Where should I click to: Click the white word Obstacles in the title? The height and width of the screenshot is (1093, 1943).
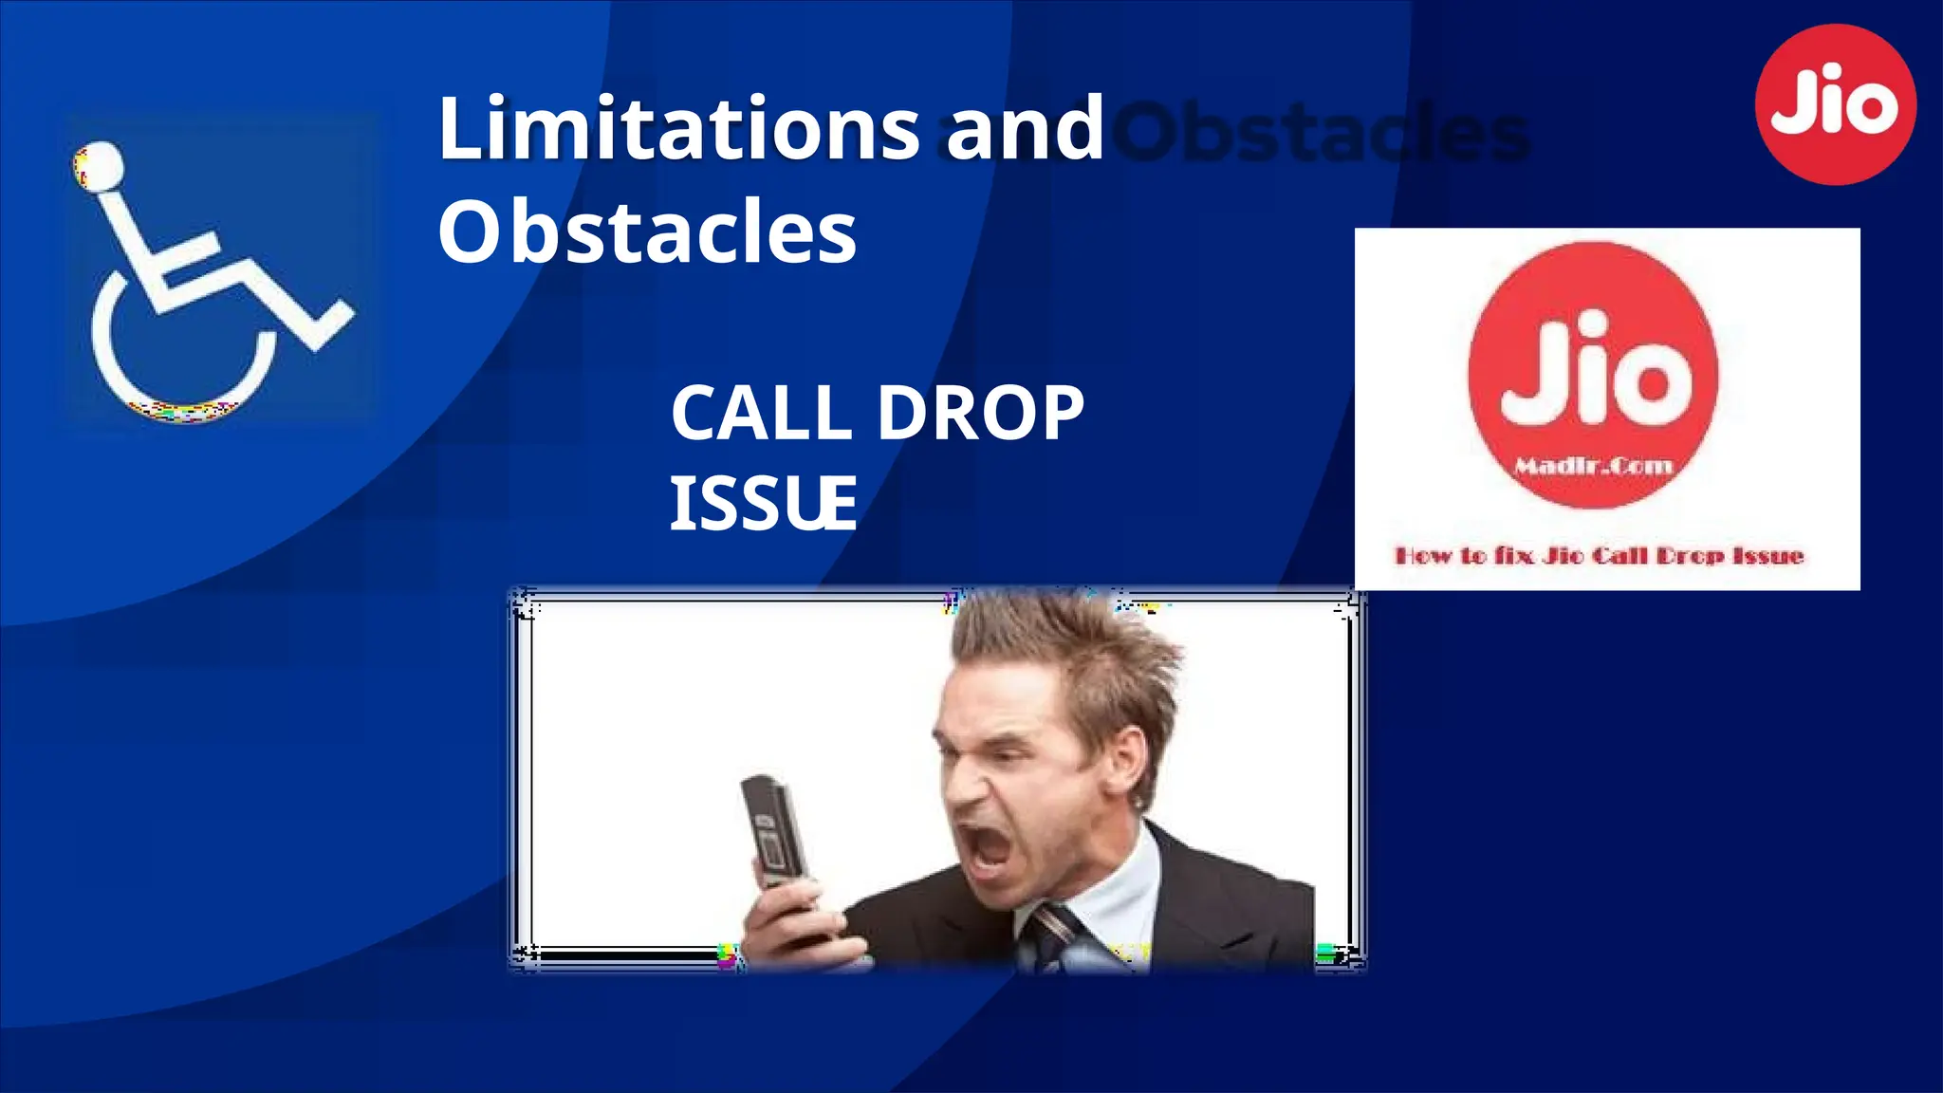[647, 232]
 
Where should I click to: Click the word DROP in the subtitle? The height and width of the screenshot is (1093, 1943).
[980, 414]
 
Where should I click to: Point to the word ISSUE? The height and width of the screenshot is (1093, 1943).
[763, 503]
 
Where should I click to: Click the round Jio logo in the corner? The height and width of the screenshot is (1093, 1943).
[1835, 104]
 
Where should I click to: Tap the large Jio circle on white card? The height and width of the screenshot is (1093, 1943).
[1593, 375]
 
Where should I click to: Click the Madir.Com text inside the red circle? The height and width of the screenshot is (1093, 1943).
[1593, 466]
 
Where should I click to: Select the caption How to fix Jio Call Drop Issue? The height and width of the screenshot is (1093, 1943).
[1599, 556]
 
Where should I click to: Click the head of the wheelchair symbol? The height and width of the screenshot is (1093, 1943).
[100, 166]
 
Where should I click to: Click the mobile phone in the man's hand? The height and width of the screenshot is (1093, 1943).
[773, 835]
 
